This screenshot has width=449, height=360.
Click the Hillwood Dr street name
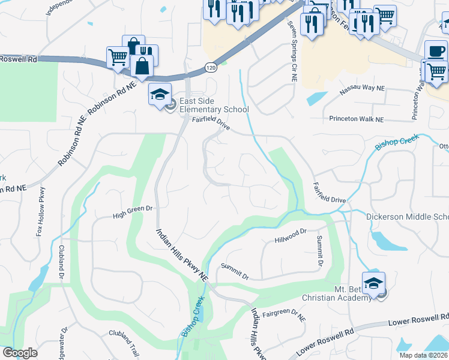pos(291,235)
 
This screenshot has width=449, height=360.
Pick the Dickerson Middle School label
pos(407,217)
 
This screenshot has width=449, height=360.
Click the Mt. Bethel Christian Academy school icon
pos(373,283)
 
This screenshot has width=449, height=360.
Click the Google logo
pos(20,353)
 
